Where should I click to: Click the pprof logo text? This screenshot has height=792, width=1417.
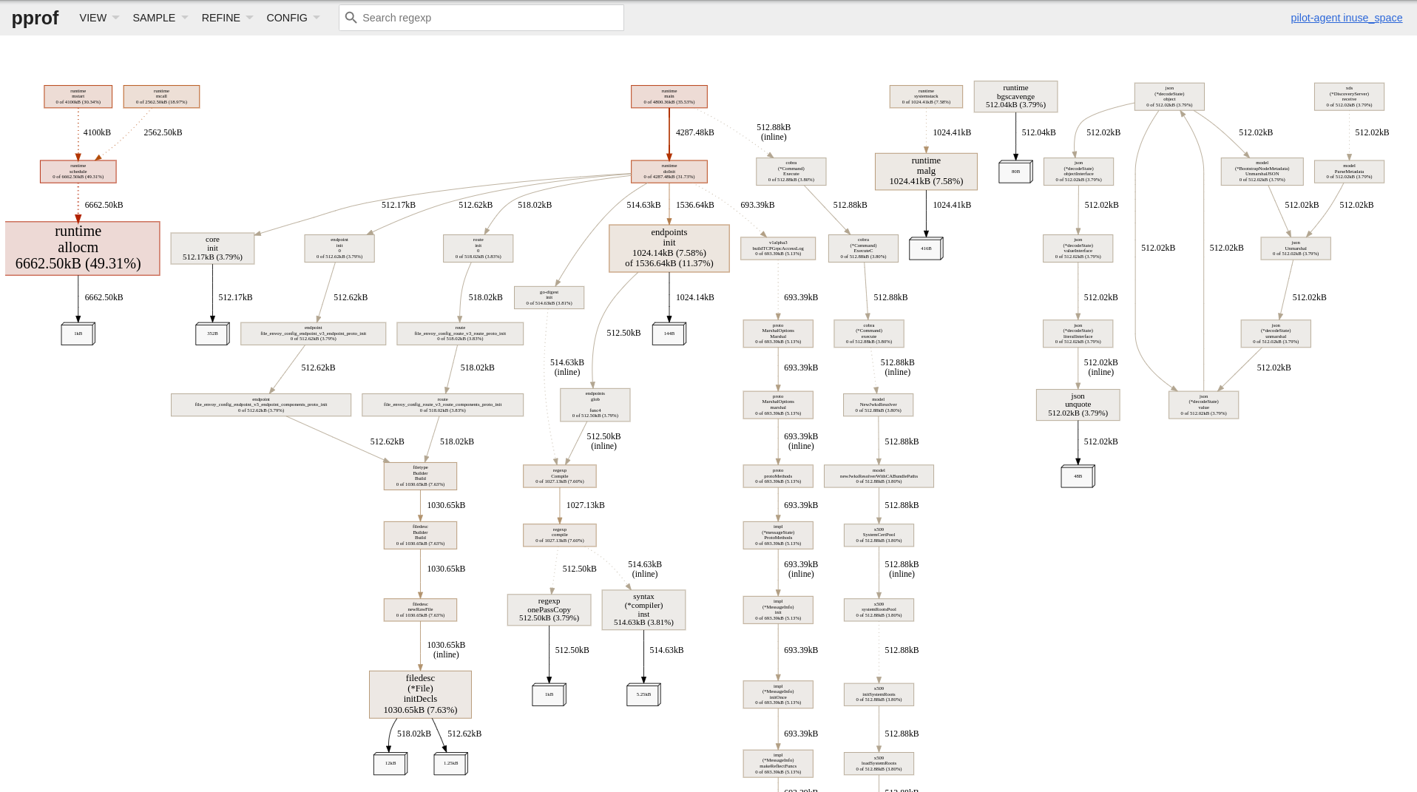click(x=35, y=18)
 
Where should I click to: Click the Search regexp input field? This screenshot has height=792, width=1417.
click(x=488, y=18)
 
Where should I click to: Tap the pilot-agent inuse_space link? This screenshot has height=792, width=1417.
click(x=1346, y=18)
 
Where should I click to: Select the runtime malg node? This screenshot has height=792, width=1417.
click(x=926, y=171)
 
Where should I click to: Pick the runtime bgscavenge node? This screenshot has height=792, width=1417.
click(x=1015, y=96)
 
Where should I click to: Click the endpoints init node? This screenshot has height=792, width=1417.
click(x=669, y=248)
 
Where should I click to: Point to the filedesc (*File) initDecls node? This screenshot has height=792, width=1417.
click(x=420, y=694)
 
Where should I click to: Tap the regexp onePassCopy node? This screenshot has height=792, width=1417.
click(x=549, y=609)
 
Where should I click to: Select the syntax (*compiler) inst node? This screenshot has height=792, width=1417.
click(x=643, y=609)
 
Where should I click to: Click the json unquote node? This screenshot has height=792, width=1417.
click(x=1078, y=405)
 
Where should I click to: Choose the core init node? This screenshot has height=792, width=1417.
click(x=212, y=248)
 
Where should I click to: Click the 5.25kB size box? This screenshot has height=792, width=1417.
click(x=643, y=694)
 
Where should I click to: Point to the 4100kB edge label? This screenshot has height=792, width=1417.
click(x=97, y=132)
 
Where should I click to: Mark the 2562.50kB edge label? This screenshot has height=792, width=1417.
click(x=163, y=132)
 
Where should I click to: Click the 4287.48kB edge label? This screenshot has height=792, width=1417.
click(x=694, y=132)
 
